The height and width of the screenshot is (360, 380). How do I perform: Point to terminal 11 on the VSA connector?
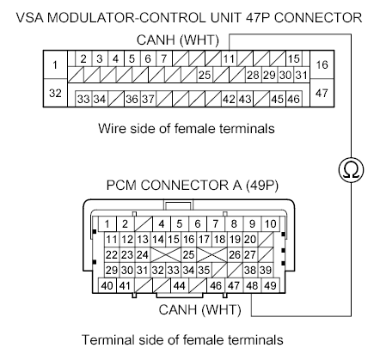coord(228,59)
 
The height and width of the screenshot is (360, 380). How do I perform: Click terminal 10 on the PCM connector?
coord(271,223)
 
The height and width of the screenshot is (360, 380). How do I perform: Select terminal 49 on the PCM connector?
coord(271,285)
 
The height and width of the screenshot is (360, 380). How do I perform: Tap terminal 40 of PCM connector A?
coord(107,285)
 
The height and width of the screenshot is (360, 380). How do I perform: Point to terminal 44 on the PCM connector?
coord(180,285)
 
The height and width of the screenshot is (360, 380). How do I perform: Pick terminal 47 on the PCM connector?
coord(233,285)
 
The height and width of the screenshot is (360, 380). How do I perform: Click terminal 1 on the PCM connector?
coord(107,223)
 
